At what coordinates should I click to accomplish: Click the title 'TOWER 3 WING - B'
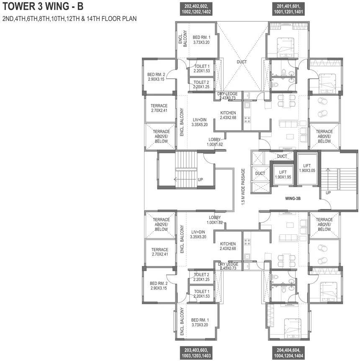[x=43, y=6]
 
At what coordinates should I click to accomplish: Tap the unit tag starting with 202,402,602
[x=196, y=9]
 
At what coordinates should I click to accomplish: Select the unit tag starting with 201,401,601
[x=288, y=9]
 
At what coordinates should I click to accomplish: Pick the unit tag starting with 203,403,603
[x=196, y=353]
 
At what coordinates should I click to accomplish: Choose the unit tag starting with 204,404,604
[x=288, y=353]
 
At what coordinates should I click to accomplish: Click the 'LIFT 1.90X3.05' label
[x=307, y=168]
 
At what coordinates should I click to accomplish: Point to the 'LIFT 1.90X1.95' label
[x=283, y=175]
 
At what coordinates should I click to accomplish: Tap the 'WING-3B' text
[x=293, y=198]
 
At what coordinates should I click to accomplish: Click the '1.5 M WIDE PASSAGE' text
[x=243, y=187]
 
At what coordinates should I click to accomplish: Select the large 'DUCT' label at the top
[x=242, y=62]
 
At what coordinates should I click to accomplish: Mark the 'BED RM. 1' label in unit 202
[x=201, y=37]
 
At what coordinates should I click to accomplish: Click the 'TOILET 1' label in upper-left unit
[x=202, y=67]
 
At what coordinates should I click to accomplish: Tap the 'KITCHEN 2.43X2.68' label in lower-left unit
[x=228, y=246]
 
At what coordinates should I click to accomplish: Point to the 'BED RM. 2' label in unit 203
[x=159, y=284]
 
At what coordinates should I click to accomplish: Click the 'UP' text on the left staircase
[x=200, y=179]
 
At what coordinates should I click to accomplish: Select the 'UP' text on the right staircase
[x=328, y=192]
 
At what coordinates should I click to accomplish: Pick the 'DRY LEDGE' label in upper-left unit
[x=227, y=94]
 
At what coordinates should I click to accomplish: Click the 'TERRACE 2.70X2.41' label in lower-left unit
[x=160, y=252]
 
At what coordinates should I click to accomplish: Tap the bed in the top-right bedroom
[x=285, y=47]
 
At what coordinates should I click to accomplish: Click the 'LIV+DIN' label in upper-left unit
[x=199, y=120]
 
